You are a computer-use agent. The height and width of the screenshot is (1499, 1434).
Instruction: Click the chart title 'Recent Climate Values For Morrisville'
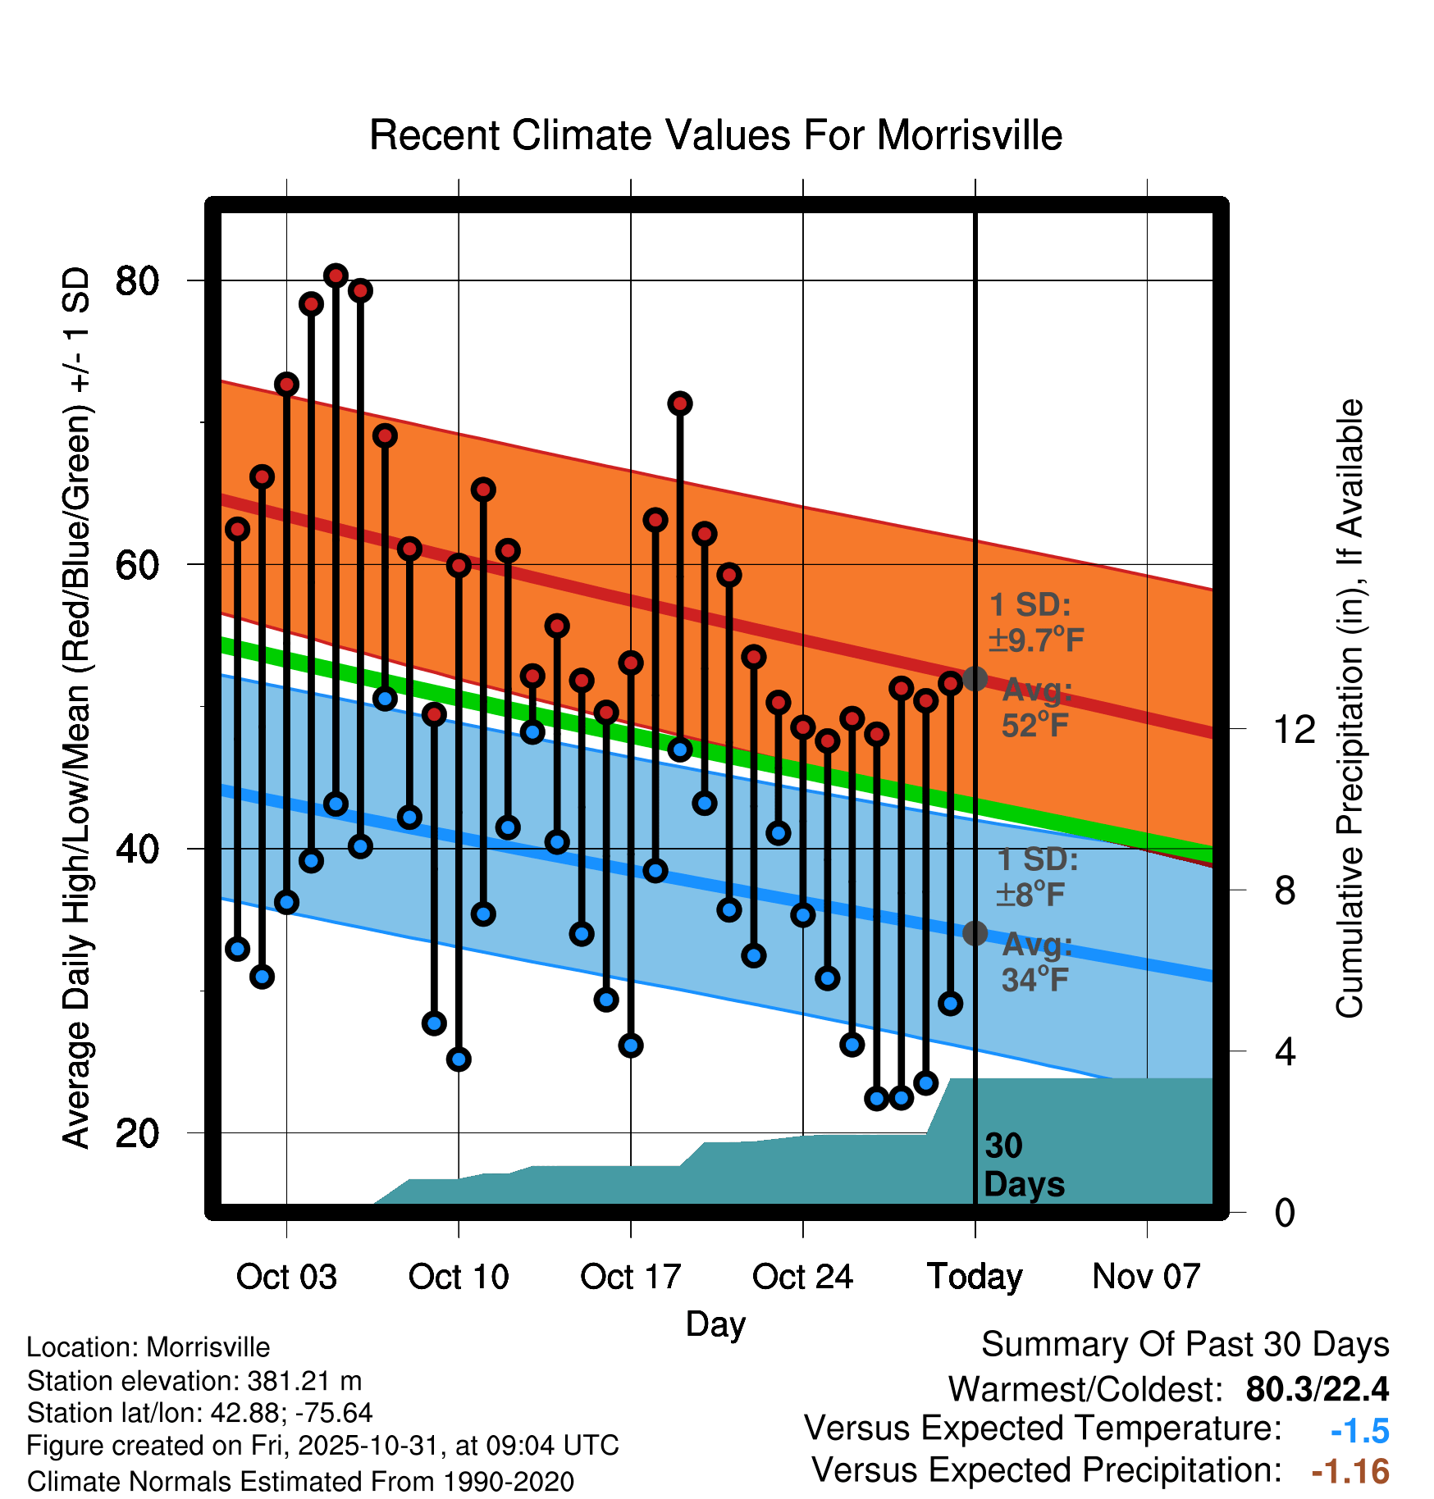715,135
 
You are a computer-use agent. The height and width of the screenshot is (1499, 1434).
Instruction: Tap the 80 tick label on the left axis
137,281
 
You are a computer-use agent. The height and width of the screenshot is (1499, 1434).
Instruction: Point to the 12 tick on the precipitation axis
1295,729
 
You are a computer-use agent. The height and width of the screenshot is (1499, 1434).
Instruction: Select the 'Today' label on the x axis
975,1277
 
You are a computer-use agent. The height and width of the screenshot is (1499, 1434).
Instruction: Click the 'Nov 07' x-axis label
1146,1277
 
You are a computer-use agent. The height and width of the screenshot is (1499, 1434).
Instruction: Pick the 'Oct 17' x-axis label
630,1277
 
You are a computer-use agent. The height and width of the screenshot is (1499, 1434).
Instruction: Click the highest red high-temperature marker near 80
336,276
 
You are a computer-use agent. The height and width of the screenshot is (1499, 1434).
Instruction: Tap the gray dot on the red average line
975,679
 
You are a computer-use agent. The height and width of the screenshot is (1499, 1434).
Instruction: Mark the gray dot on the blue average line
975,933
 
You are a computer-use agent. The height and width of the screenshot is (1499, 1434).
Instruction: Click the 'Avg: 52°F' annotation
1036,708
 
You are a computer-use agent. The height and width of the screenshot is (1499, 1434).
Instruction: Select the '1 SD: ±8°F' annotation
1036,877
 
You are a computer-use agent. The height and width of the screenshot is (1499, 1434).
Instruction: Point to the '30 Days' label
1023,1165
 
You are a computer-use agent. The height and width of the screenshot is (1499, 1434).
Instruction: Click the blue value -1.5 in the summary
1359,1431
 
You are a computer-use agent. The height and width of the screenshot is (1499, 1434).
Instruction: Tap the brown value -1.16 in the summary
1350,1472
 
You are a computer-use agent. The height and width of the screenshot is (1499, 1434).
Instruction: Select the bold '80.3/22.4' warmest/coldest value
1317,1389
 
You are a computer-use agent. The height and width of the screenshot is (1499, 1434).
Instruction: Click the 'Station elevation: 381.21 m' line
194,1381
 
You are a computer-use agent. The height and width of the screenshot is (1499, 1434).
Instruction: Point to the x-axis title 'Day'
715,1324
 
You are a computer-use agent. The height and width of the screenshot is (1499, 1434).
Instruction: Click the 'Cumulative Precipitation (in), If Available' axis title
1349,708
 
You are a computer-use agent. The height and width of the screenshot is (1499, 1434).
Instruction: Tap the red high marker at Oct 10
459,565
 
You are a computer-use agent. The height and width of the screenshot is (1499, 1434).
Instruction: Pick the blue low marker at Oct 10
459,1059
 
